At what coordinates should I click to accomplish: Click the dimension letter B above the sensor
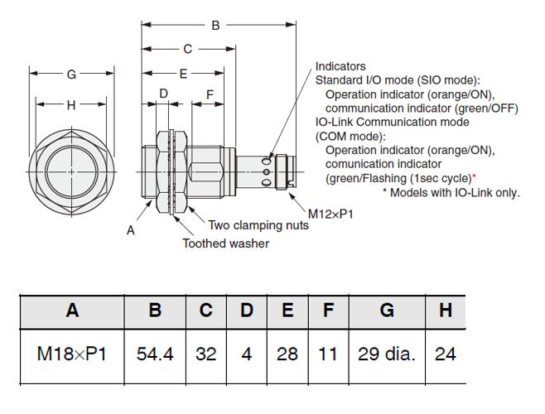[x=215, y=26]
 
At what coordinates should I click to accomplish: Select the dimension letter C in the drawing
[x=188, y=49]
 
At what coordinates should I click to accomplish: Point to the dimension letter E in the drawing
[x=183, y=74]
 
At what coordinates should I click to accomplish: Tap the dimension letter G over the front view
[x=71, y=75]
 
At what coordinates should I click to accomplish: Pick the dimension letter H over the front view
[x=71, y=105]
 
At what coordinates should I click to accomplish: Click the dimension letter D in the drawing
[x=163, y=94]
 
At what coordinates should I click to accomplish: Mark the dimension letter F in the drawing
[x=210, y=95]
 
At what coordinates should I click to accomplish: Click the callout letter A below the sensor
[x=130, y=230]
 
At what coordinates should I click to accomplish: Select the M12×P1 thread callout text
[x=330, y=214]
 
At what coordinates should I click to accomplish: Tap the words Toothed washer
[x=226, y=243]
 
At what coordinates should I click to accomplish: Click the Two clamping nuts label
[x=258, y=225]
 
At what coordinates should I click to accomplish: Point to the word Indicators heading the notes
[x=340, y=66]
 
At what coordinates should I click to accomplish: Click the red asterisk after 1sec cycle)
[x=474, y=176]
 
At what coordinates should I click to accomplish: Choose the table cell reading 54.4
[x=155, y=354]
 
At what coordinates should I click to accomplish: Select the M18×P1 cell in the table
[x=71, y=354]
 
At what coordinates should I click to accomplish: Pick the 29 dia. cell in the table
[x=387, y=354]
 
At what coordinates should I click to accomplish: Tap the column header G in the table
[x=387, y=310]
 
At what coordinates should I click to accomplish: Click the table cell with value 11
[x=327, y=354]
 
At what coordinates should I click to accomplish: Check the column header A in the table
[x=72, y=310]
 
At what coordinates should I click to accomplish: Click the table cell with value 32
[x=205, y=354]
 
